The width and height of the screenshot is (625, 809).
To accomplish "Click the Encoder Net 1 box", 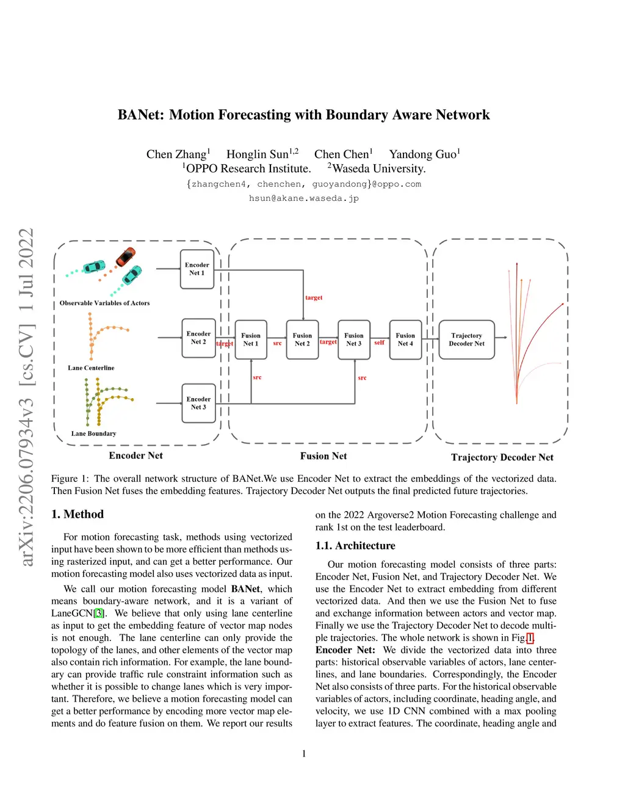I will pos(197,269).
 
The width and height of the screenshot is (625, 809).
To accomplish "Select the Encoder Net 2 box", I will pos(198,338).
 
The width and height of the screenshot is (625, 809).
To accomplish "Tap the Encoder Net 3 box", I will pos(198,403).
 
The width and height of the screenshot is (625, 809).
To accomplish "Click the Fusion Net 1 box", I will pos(250,339).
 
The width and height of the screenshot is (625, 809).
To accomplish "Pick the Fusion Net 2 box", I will pos(302,339).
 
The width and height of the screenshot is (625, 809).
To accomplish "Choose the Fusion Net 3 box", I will pos(353,339).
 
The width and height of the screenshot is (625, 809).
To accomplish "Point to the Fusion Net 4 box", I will pos(405,339).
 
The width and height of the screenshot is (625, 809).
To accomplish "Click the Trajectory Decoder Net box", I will pos(466,339).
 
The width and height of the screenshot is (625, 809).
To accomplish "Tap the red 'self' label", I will pos(379,343).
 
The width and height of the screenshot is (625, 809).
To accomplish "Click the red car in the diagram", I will pos(126,256).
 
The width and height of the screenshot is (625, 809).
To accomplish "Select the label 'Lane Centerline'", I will pos(91,368).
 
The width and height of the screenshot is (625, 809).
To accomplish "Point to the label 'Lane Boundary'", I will pos(93,434).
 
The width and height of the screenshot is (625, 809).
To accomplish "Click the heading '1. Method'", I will pos(78,514).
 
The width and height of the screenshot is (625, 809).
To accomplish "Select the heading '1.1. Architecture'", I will pos(355,546).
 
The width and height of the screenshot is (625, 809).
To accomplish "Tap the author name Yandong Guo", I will pos(423,154).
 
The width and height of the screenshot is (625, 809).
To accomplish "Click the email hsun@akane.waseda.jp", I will pos(304,198).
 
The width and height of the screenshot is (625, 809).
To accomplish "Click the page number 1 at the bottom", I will pos(304,753).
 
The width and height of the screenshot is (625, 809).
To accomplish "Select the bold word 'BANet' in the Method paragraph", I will pos(245,589).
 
